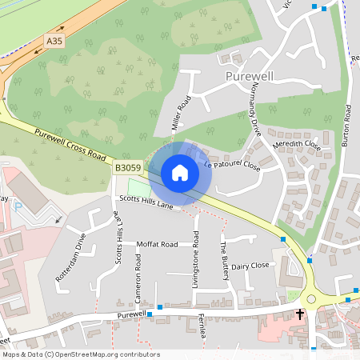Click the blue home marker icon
[180, 172]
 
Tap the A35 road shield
[54, 40]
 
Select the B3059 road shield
[128, 168]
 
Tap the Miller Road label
[182, 114]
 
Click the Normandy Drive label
[257, 108]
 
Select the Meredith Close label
[297, 146]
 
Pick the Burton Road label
[347, 123]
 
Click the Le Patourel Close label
[232, 166]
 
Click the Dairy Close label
[250, 265]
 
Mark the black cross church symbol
[301, 314]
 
